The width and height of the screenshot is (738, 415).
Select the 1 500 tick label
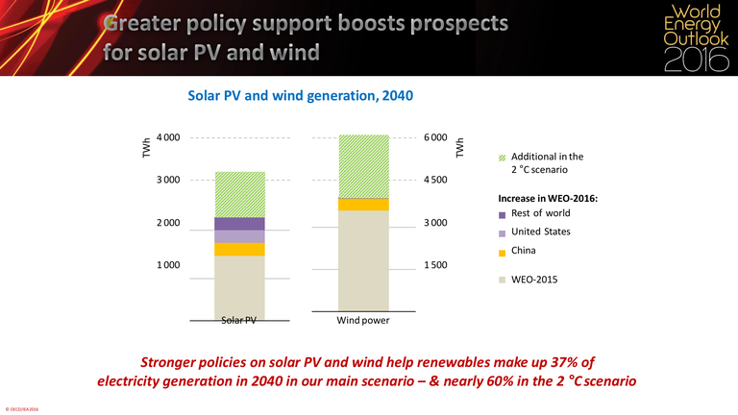(x=434, y=264)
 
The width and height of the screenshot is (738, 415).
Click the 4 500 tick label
(x=434, y=180)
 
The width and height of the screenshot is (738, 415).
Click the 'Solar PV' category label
(x=239, y=320)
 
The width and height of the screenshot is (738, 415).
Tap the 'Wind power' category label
(x=362, y=320)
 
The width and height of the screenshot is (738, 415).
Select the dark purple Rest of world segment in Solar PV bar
(x=239, y=224)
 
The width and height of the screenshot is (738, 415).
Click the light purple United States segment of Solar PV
(x=239, y=236)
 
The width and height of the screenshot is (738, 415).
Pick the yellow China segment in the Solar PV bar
(x=239, y=250)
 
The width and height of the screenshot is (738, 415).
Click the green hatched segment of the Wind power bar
(x=362, y=166)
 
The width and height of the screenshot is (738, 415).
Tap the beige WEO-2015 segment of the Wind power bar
(x=362, y=259)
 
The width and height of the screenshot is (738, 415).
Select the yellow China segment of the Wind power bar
(x=362, y=205)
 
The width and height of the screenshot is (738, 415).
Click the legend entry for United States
(x=540, y=232)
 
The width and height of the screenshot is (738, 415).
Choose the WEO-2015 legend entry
(x=534, y=281)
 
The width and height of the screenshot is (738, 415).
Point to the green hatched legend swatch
(x=502, y=158)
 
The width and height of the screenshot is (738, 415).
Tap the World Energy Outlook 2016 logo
(x=690, y=38)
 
